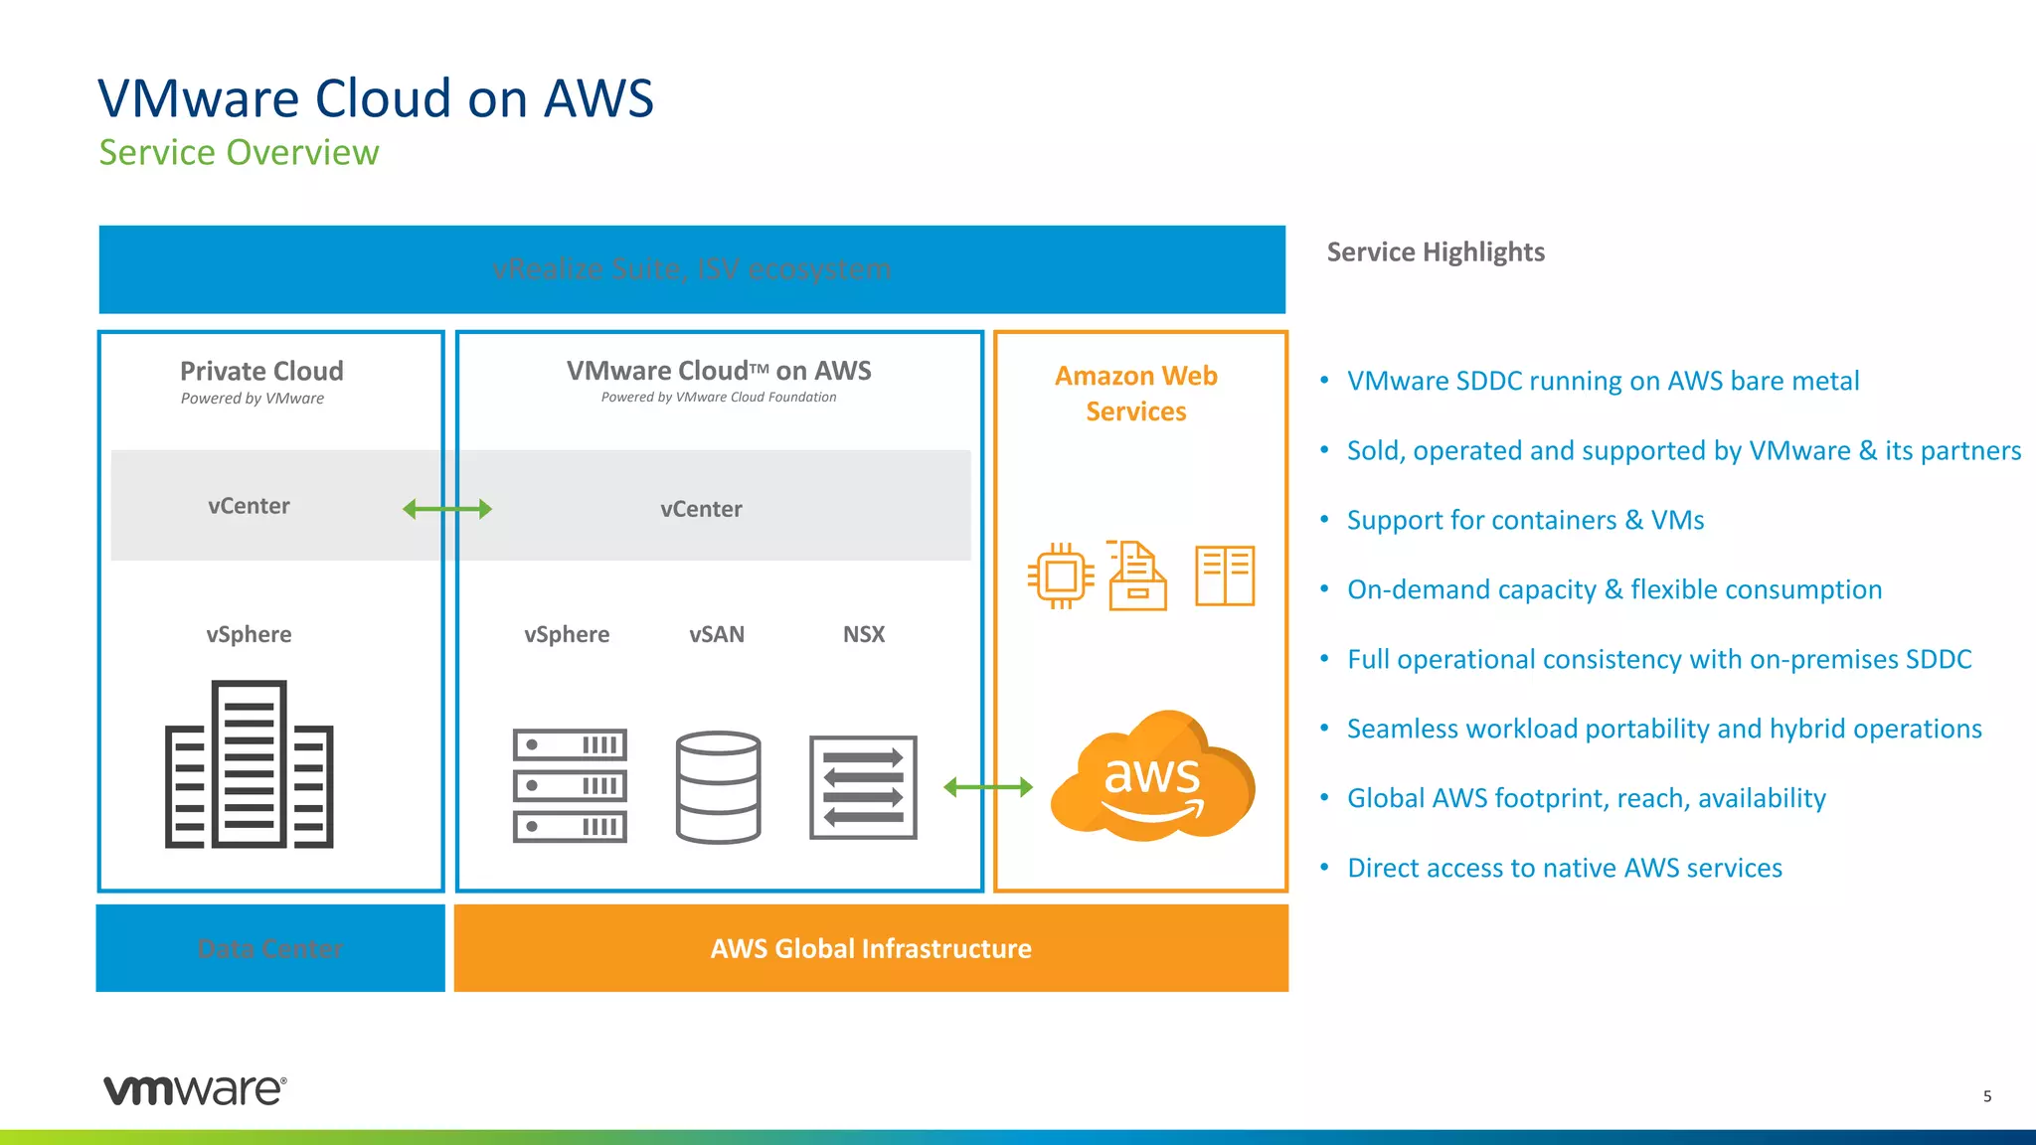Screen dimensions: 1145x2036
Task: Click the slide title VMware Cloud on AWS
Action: pos(376,98)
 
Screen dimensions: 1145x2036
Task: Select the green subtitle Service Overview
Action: pos(239,153)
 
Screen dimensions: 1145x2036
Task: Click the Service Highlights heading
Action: pos(1435,251)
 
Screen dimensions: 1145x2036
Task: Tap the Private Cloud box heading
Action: pos(261,371)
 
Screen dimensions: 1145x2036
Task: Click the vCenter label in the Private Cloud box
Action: pos(249,506)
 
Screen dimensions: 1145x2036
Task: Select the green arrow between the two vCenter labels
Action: pos(446,509)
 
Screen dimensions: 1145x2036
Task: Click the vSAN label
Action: pos(716,634)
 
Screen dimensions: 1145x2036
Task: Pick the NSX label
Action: pos(863,634)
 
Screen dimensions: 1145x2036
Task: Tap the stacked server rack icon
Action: pos(570,785)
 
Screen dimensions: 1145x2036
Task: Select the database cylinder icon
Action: pos(718,787)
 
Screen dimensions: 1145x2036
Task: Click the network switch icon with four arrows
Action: pos(863,787)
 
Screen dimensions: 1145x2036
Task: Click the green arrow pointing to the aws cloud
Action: pos(987,787)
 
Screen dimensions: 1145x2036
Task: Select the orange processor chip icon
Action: pos(1061,575)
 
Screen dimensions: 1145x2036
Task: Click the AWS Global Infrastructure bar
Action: pos(871,948)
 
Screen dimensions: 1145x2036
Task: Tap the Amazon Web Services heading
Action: pos(1135,394)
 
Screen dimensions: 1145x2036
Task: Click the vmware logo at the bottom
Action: pos(195,1089)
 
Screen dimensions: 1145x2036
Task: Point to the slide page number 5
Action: pos(1987,1096)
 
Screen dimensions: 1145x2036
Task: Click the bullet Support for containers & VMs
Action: pos(1525,520)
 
